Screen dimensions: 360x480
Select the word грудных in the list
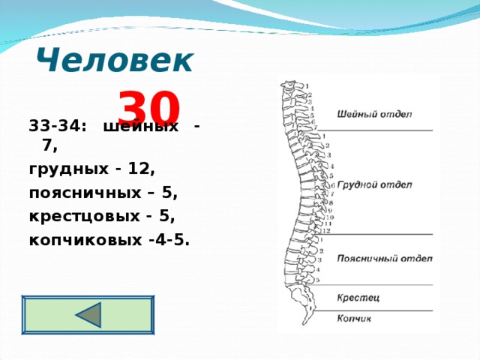[x=65, y=169]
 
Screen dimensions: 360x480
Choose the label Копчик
[x=354, y=319]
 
